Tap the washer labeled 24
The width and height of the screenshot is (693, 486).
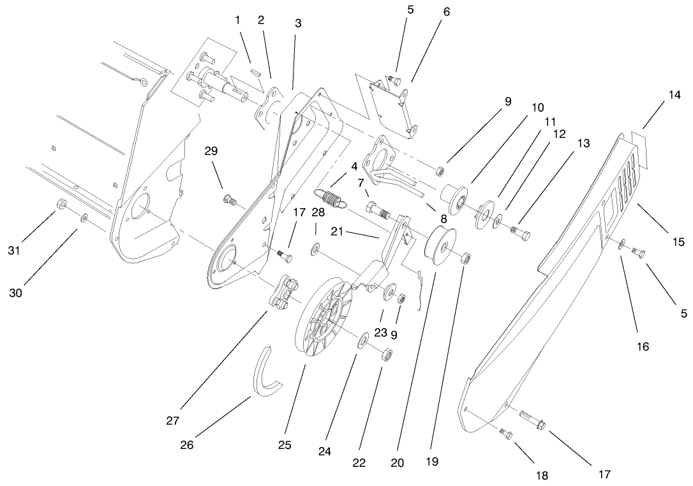click(361, 340)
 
